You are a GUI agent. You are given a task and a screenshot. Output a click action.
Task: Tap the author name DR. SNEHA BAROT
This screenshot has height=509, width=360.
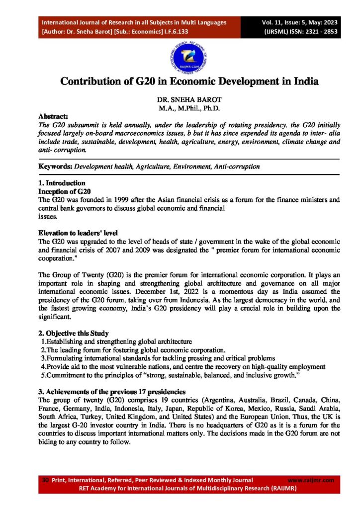(180, 99)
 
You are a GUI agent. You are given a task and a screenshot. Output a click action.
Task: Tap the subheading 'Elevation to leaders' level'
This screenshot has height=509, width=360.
(79, 232)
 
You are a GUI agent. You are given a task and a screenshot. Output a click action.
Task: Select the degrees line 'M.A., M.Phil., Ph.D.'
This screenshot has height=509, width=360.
(180, 107)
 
